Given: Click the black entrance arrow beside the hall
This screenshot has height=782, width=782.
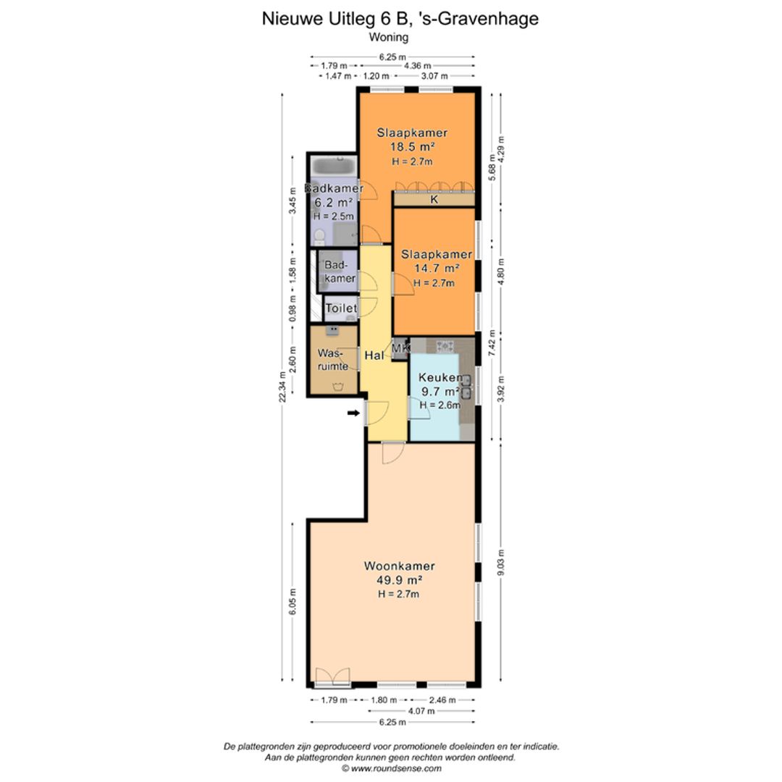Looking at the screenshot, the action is (353, 413).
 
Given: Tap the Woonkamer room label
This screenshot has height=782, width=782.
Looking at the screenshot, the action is (400, 566).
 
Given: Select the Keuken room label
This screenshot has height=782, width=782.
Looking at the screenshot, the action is (440, 377).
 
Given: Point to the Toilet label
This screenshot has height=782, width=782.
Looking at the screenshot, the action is (341, 308).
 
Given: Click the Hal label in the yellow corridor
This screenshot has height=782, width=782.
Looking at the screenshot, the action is (374, 355).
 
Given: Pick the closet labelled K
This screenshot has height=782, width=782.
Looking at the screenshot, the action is (434, 200).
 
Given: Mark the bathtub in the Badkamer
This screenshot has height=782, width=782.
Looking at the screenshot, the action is (334, 165).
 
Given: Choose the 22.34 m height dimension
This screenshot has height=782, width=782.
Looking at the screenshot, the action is (283, 387).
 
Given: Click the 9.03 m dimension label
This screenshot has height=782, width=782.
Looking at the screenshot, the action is (501, 563).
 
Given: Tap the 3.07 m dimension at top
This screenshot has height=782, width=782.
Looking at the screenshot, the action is (434, 76).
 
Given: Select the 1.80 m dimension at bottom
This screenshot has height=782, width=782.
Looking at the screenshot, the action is (384, 699).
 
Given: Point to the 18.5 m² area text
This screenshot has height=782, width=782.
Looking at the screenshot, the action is (412, 146).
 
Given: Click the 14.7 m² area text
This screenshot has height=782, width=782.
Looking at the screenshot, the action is (437, 269).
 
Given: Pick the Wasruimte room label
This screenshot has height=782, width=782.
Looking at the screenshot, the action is (332, 360).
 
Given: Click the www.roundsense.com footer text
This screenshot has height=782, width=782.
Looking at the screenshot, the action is (396, 768).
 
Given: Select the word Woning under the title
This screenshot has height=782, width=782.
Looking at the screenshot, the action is (389, 37).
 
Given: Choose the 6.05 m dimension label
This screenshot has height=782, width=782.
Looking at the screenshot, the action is (293, 602).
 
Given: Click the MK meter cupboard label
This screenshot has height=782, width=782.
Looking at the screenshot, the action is (400, 348).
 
